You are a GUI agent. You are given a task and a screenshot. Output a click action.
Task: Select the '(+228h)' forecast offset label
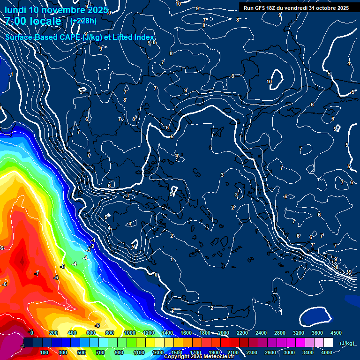[84, 21]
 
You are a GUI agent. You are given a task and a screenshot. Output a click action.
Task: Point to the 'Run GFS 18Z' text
[260, 8]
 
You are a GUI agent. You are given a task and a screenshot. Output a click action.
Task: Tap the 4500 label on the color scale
[336, 333]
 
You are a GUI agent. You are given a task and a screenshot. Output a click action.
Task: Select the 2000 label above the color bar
[223, 333]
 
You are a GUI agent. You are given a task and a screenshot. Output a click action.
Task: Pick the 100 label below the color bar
[44, 352]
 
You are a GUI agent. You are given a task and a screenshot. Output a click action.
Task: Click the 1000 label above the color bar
[130, 333]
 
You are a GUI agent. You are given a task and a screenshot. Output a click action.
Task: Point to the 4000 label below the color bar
[327, 352]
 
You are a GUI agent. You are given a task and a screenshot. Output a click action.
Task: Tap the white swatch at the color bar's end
[328, 343]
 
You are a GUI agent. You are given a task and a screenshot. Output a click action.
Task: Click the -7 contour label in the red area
[37, 273]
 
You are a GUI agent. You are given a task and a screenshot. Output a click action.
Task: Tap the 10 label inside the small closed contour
[269, 82]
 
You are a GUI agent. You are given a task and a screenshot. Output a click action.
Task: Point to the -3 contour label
[88, 250]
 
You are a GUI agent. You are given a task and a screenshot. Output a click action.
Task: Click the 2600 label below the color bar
[270, 352]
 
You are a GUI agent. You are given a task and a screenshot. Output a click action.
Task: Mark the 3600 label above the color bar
[317, 333]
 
